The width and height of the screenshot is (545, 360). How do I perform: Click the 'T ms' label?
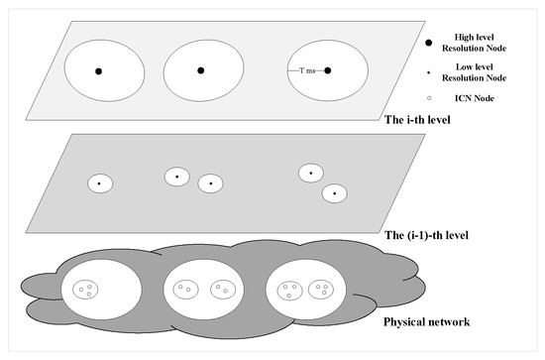click(x=307, y=70)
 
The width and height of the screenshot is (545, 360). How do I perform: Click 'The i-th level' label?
click(x=417, y=120)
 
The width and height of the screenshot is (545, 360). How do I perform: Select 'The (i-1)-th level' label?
click(x=426, y=235)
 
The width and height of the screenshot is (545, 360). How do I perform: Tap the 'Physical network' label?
click(x=426, y=322)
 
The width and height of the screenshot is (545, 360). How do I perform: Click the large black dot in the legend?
click(x=429, y=43)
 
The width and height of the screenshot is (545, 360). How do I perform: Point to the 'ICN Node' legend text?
click(x=475, y=98)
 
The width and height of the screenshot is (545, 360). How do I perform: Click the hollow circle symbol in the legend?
click(x=429, y=98)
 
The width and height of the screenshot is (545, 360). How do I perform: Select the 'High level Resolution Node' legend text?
click(x=474, y=43)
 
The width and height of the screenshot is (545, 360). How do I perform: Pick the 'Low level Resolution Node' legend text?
click(x=474, y=72)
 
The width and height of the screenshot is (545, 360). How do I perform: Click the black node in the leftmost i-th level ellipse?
click(x=99, y=71)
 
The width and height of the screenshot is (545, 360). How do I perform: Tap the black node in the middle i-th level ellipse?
click(x=200, y=70)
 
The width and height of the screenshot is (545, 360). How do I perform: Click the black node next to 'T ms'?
click(x=327, y=70)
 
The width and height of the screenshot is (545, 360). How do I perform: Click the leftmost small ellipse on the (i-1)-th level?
click(x=100, y=183)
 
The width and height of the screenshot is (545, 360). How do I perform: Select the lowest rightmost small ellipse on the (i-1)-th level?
click(x=334, y=193)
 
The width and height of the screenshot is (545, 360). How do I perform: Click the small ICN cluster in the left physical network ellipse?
click(x=85, y=289)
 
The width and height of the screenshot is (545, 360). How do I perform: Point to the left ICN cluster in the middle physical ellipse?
click(x=185, y=289)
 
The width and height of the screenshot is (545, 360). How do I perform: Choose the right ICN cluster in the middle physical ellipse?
click(x=223, y=289)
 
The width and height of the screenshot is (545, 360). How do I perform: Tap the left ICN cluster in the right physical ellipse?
click(x=289, y=291)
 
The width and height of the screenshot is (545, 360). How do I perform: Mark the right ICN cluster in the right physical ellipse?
click(x=321, y=289)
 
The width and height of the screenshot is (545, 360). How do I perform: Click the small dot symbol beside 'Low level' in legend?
click(x=428, y=72)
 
